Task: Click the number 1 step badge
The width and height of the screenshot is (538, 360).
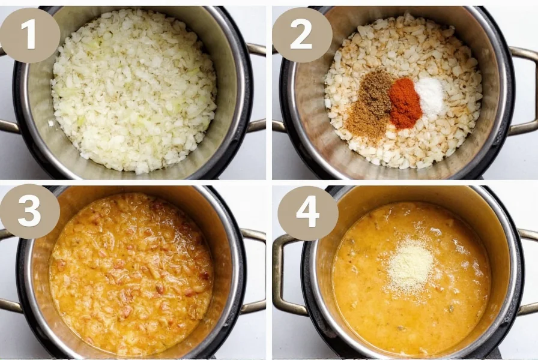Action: (29, 35)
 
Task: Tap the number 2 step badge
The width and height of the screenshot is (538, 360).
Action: (301, 35)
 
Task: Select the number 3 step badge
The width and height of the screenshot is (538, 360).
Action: (29, 211)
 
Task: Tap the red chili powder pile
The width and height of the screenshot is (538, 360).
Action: (405, 103)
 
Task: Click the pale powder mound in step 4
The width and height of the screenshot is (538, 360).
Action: (411, 266)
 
